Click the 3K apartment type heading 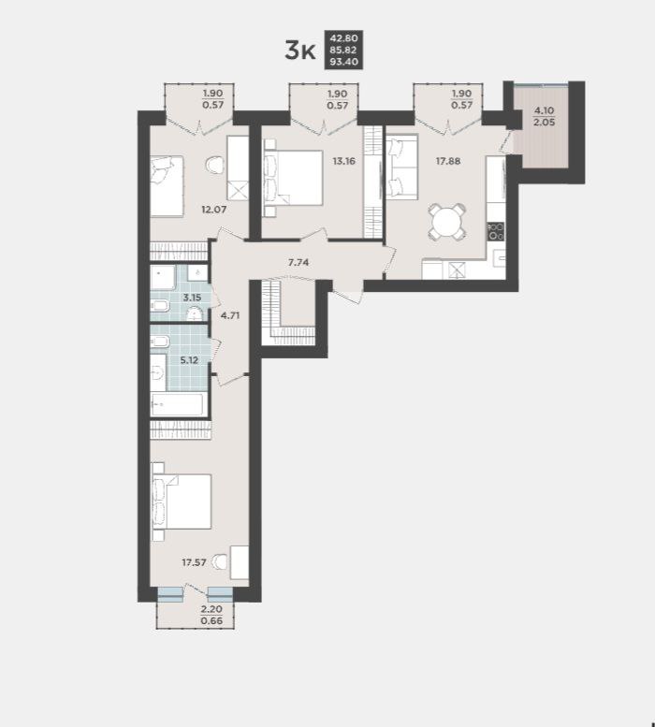(300, 51)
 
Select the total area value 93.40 (343, 62)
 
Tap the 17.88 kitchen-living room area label (448, 161)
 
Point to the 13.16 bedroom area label (344, 161)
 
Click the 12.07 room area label (213, 210)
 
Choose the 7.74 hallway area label (298, 262)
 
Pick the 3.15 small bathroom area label (192, 298)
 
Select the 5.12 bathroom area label (189, 360)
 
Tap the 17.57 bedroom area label (194, 563)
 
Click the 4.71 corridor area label (230, 316)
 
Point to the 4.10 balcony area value (545, 110)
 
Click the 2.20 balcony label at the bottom (211, 609)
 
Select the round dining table (446, 222)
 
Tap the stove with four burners (496, 231)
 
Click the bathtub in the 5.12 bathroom (177, 405)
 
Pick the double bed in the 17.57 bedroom (182, 502)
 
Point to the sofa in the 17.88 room (401, 167)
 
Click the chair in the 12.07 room (214, 164)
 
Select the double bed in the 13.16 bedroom (293, 178)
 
